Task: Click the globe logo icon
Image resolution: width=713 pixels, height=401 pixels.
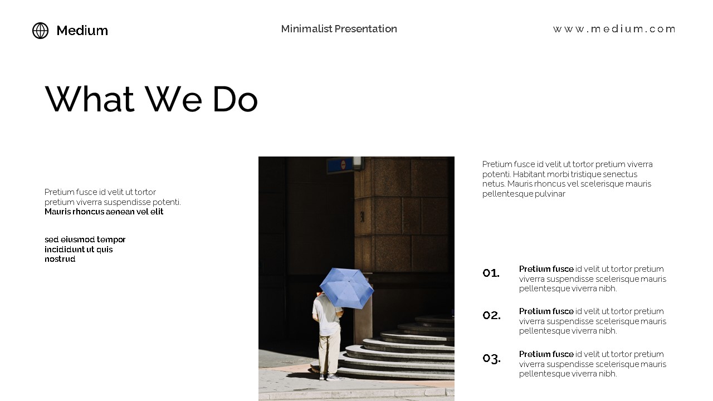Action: [40, 31]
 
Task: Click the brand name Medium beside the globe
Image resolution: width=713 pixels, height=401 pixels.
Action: [82, 31]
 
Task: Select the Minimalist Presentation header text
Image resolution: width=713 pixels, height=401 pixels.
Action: [339, 29]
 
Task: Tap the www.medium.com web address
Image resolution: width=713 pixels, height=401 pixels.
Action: [614, 29]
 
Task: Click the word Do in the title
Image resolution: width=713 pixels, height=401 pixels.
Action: [235, 100]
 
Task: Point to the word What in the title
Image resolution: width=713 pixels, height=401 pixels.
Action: [90, 100]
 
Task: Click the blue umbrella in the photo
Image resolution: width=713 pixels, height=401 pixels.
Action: [346, 287]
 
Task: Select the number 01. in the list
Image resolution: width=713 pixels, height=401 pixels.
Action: [491, 273]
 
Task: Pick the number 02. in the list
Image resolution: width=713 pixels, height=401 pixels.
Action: [491, 315]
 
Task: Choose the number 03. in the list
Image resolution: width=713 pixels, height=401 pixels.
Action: [491, 358]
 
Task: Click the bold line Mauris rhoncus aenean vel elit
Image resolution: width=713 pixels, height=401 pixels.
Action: [104, 212]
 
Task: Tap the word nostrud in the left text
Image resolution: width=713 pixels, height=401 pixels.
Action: [60, 260]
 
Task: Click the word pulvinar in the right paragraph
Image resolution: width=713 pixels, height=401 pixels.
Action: [550, 194]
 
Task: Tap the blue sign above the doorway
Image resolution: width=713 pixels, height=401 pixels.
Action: [339, 165]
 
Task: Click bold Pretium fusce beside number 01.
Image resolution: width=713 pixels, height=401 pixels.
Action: [546, 269]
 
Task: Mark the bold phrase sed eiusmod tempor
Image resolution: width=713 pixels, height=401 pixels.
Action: [85, 240]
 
